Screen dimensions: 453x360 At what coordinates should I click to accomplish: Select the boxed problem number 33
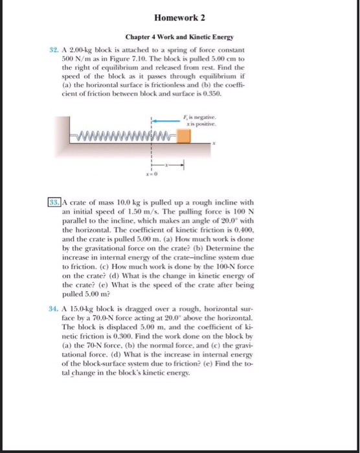[54, 201]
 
